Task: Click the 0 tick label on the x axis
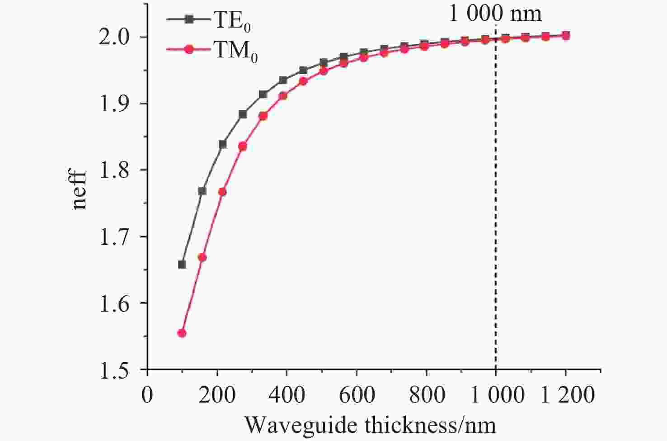tap(147, 395)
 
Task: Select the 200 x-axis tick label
tap(217, 395)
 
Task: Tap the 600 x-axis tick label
tap(357, 395)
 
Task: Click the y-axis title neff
tap(80, 189)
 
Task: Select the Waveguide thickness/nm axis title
tap(370, 425)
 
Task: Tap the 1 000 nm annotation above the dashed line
tap(495, 14)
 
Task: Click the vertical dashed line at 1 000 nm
tap(496, 204)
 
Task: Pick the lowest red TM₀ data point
tap(182, 333)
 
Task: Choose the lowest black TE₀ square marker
tap(182, 265)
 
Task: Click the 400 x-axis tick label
tap(287, 395)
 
